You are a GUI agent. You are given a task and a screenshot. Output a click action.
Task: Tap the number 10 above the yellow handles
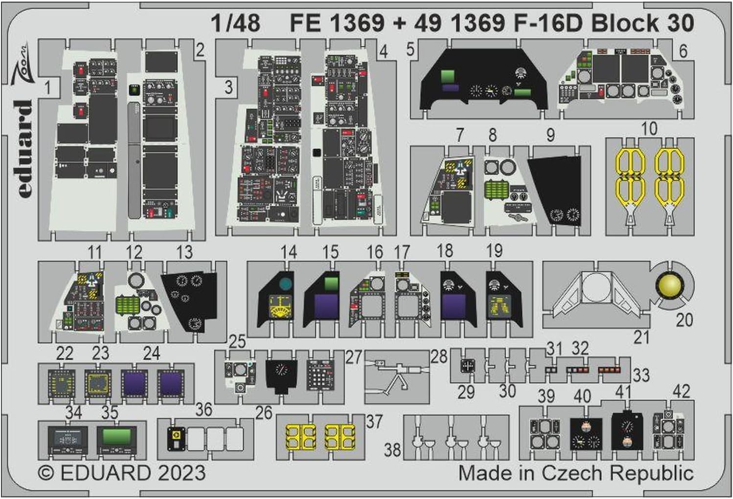coord(648,129)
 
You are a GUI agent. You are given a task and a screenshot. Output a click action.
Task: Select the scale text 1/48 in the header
coord(235,23)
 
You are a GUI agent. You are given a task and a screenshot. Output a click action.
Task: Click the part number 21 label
coord(641,337)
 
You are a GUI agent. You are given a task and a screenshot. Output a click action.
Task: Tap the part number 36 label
coord(204,410)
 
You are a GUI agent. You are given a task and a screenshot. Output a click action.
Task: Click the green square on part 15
coord(331,284)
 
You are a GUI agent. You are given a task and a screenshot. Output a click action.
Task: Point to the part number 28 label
coord(439,356)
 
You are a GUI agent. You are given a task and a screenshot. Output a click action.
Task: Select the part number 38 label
coord(392,449)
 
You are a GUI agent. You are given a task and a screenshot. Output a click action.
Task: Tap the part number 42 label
coord(682,391)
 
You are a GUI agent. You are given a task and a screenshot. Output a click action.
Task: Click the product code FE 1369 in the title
coord(337,23)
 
